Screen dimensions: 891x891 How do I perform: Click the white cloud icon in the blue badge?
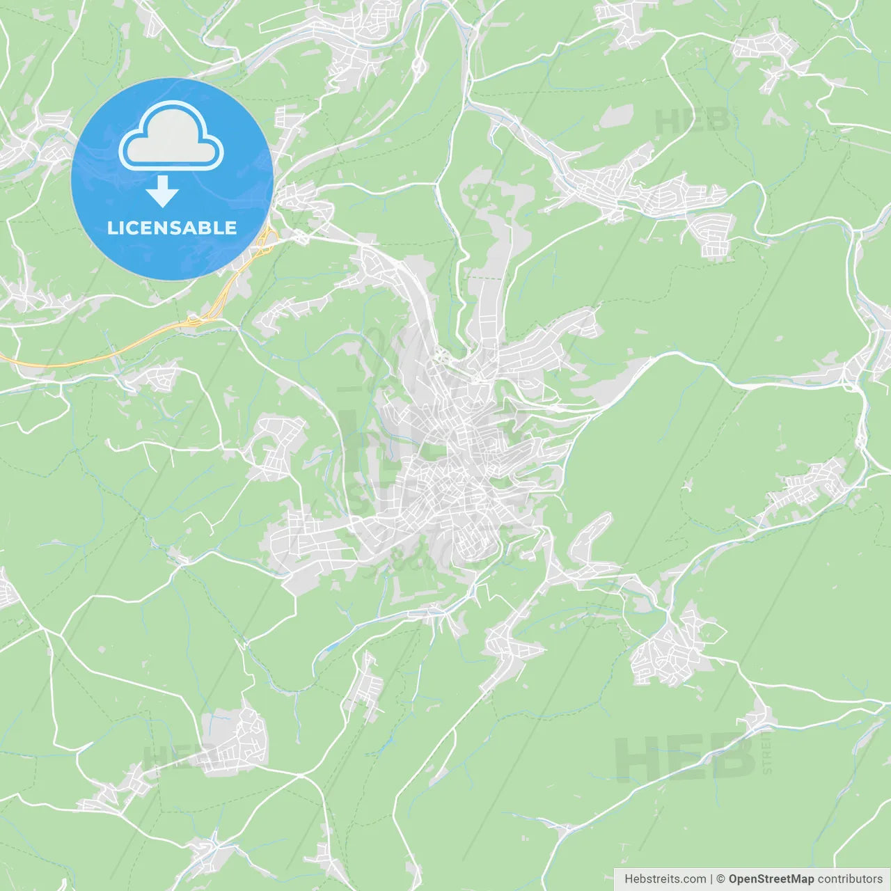[x=171, y=136]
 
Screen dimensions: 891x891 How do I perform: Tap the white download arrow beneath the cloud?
[x=163, y=191]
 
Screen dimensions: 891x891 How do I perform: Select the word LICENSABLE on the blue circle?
[x=172, y=228]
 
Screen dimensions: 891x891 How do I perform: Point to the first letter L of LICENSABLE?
[x=111, y=228]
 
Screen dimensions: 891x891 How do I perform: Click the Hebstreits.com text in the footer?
[x=665, y=879]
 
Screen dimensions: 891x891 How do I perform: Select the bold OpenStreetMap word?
[x=771, y=879]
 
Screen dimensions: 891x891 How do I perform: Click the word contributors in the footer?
[x=850, y=879]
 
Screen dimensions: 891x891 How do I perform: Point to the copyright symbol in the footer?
[x=720, y=879]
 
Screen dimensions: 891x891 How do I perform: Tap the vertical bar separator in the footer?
[x=711, y=879]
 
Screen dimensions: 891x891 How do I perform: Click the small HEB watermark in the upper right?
[x=692, y=122]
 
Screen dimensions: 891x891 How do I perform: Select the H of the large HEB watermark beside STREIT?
[x=637, y=757]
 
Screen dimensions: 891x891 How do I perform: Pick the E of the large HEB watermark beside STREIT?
[x=684, y=757]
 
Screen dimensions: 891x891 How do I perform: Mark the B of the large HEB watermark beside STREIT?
[x=731, y=757]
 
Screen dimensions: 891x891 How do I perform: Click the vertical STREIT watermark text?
[x=767, y=752]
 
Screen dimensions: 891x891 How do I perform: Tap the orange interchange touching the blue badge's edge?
[x=266, y=241]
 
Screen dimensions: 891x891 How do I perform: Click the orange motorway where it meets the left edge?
[x=3, y=358]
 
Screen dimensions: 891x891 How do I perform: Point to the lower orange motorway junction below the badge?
[x=194, y=321]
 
